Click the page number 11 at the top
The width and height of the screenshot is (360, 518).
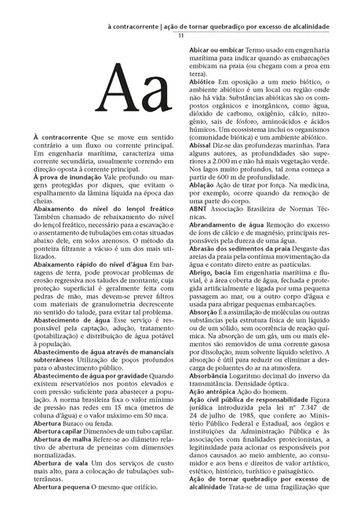click(x=181, y=36)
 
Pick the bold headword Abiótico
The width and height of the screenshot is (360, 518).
click(x=202, y=82)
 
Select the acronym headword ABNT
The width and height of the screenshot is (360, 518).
click(x=198, y=228)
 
